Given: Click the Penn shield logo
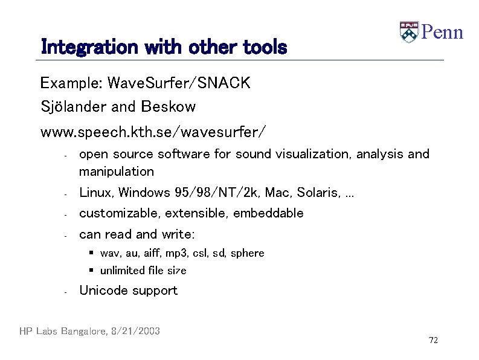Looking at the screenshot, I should coord(409,32).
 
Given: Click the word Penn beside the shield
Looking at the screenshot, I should coord(442,32).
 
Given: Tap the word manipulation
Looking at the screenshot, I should coord(117,172).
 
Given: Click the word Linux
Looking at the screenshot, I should coord(97,193).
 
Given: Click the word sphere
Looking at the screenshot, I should coord(247,252).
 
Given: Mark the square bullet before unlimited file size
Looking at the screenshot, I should coord(90,270).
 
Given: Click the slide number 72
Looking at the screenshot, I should coord(433,341).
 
